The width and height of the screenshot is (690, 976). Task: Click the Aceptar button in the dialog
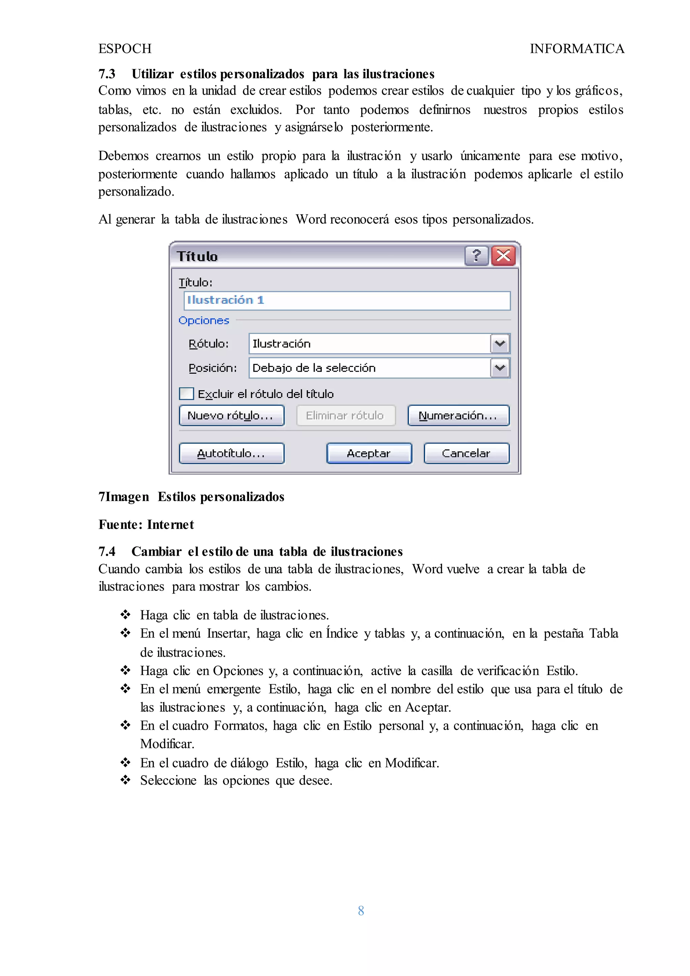click(x=369, y=453)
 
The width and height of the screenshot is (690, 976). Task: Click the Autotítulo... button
click(x=231, y=453)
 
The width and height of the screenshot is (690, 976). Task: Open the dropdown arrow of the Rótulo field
click(x=500, y=343)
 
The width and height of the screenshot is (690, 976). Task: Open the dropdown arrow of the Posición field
click(x=500, y=368)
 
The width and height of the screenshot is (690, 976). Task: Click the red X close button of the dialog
click(x=503, y=256)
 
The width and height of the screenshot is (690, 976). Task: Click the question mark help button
click(x=476, y=256)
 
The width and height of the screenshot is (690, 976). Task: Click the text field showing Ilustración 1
click(x=347, y=301)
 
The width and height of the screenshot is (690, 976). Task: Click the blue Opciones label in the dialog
click(x=203, y=321)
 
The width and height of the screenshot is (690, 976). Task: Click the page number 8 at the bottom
click(x=361, y=911)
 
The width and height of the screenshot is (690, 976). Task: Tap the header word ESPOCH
click(x=125, y=49)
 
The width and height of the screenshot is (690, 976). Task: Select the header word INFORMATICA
click(x=576, y=49)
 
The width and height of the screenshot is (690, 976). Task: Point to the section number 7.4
click(x=107, y=552)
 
